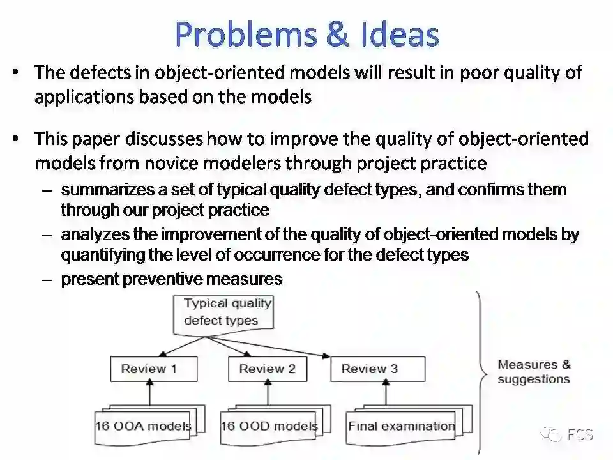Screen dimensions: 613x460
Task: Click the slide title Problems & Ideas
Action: pyautogui.click(x=306, y=33)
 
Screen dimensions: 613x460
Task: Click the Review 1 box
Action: pyautogui.click(x=149, y=369)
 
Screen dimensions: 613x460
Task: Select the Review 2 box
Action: pyautogui.click(x=267, y=369)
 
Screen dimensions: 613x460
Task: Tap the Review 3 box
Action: pyautogui.click(x=370, y=369)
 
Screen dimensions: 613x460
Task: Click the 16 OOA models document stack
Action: pyautogui.click(x=144, y=425)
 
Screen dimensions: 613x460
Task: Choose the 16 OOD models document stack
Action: pyautogui.click(x=268, y=425)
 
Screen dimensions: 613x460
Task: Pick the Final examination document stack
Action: pyautogui.click(x=402, y=425)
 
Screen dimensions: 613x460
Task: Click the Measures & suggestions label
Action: pyautogui.click(x=534, y=372)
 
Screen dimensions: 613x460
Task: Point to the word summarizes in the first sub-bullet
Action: pyautogui.click(x=98, y=190)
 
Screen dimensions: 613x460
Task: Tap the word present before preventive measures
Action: pyautogui.click(x=84, y=279)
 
